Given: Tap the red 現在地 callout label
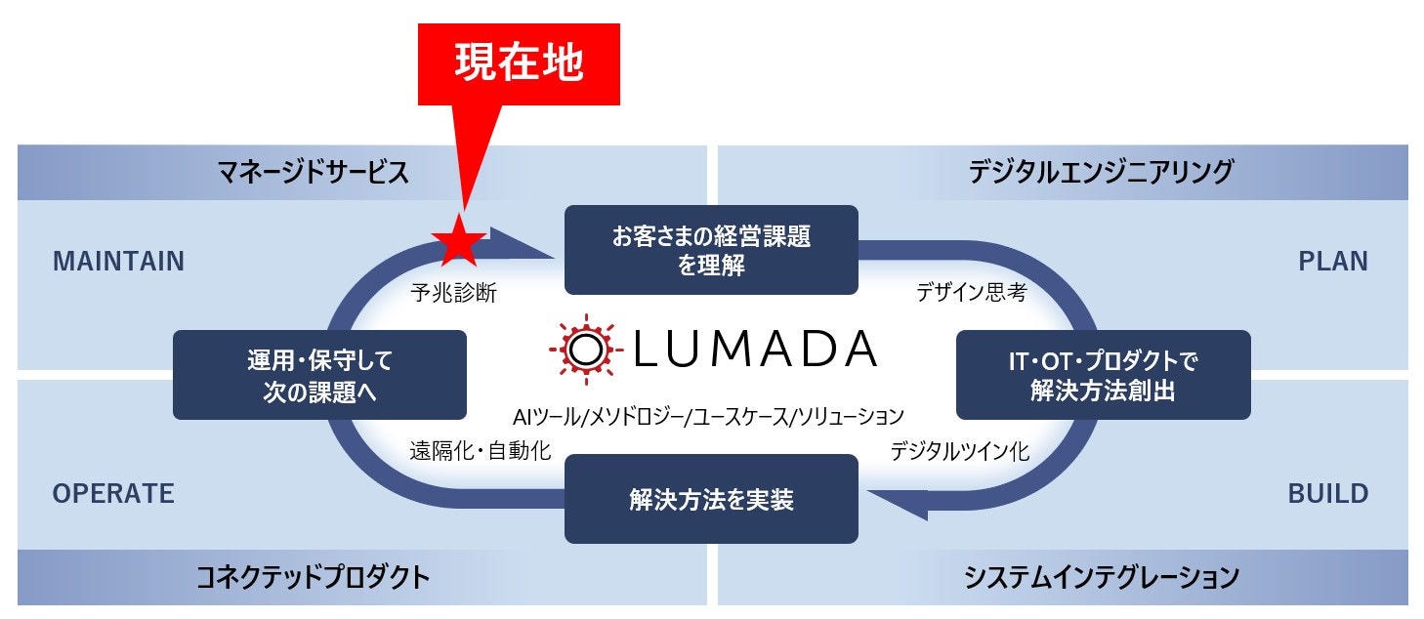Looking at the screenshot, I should (519, 63).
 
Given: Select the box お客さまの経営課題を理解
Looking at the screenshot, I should (711, 250).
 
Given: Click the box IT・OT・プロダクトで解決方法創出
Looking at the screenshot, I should (1103, 375).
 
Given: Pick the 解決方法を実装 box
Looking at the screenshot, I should (711, 500).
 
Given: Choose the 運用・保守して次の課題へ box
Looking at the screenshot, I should (319, 375).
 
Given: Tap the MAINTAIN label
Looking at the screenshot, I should (118, 262).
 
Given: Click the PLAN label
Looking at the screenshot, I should (1332, 262).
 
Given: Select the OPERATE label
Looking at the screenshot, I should (113, 494).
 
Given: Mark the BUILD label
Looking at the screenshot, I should (1327, 494).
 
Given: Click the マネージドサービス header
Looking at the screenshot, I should (313, 173).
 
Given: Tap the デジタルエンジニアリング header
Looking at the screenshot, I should (1101, 173).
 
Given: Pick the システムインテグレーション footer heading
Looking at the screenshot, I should (1101, 577).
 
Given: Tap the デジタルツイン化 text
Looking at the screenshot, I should (959, 452).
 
